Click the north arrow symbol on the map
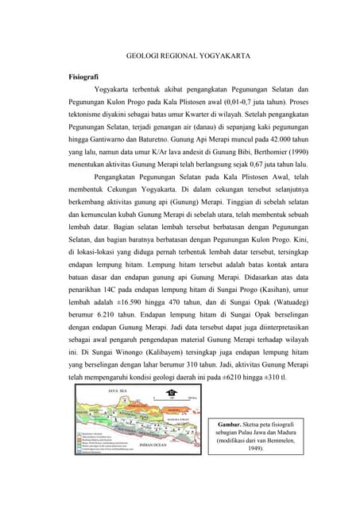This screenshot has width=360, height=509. coord(168,392)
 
